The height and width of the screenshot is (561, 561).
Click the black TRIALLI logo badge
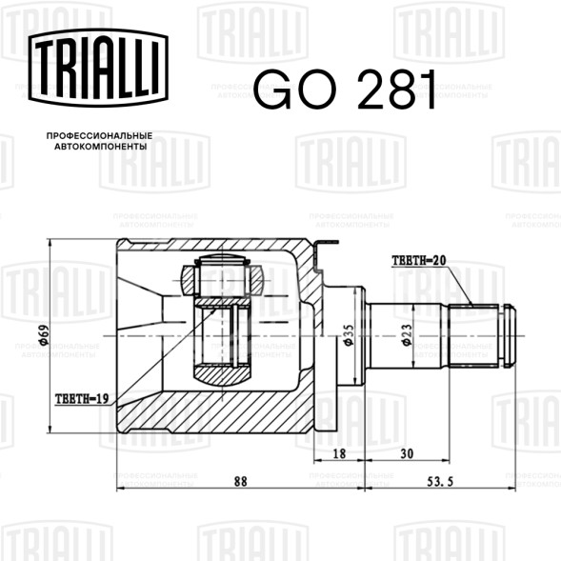coord(98,68)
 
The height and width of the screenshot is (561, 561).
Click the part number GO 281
coord(346,90)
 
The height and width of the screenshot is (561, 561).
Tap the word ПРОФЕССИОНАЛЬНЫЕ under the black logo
coord(99,136)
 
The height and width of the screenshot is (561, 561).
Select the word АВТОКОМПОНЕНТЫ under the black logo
coord(101,147)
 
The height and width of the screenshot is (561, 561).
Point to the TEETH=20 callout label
coord(419,260)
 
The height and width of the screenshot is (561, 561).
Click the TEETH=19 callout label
coord(82,398)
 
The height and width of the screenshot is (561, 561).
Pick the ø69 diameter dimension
coord(44,335)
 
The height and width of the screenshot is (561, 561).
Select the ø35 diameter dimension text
coord(349,335)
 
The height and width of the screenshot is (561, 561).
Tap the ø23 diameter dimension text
coord(407,335)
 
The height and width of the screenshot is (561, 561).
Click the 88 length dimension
coord(240,482)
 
